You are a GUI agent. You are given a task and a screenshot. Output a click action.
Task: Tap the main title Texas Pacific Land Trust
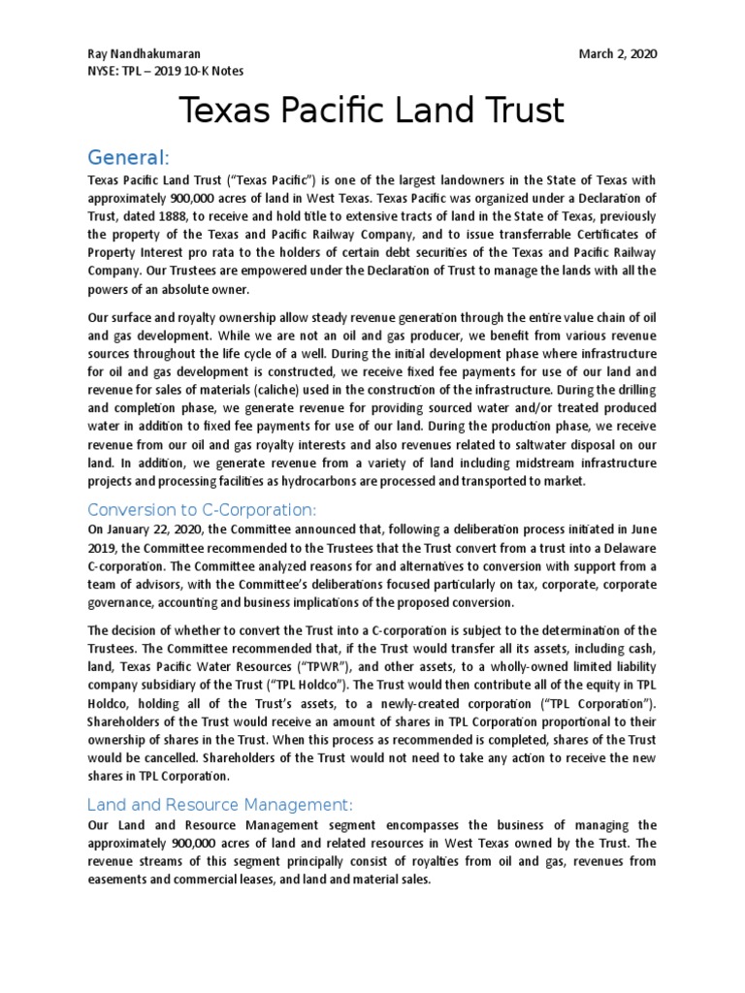pyautogui.click(x=372, y=112)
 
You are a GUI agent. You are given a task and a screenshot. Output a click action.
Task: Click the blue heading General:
pyautogui.click(x=129, y=157)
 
